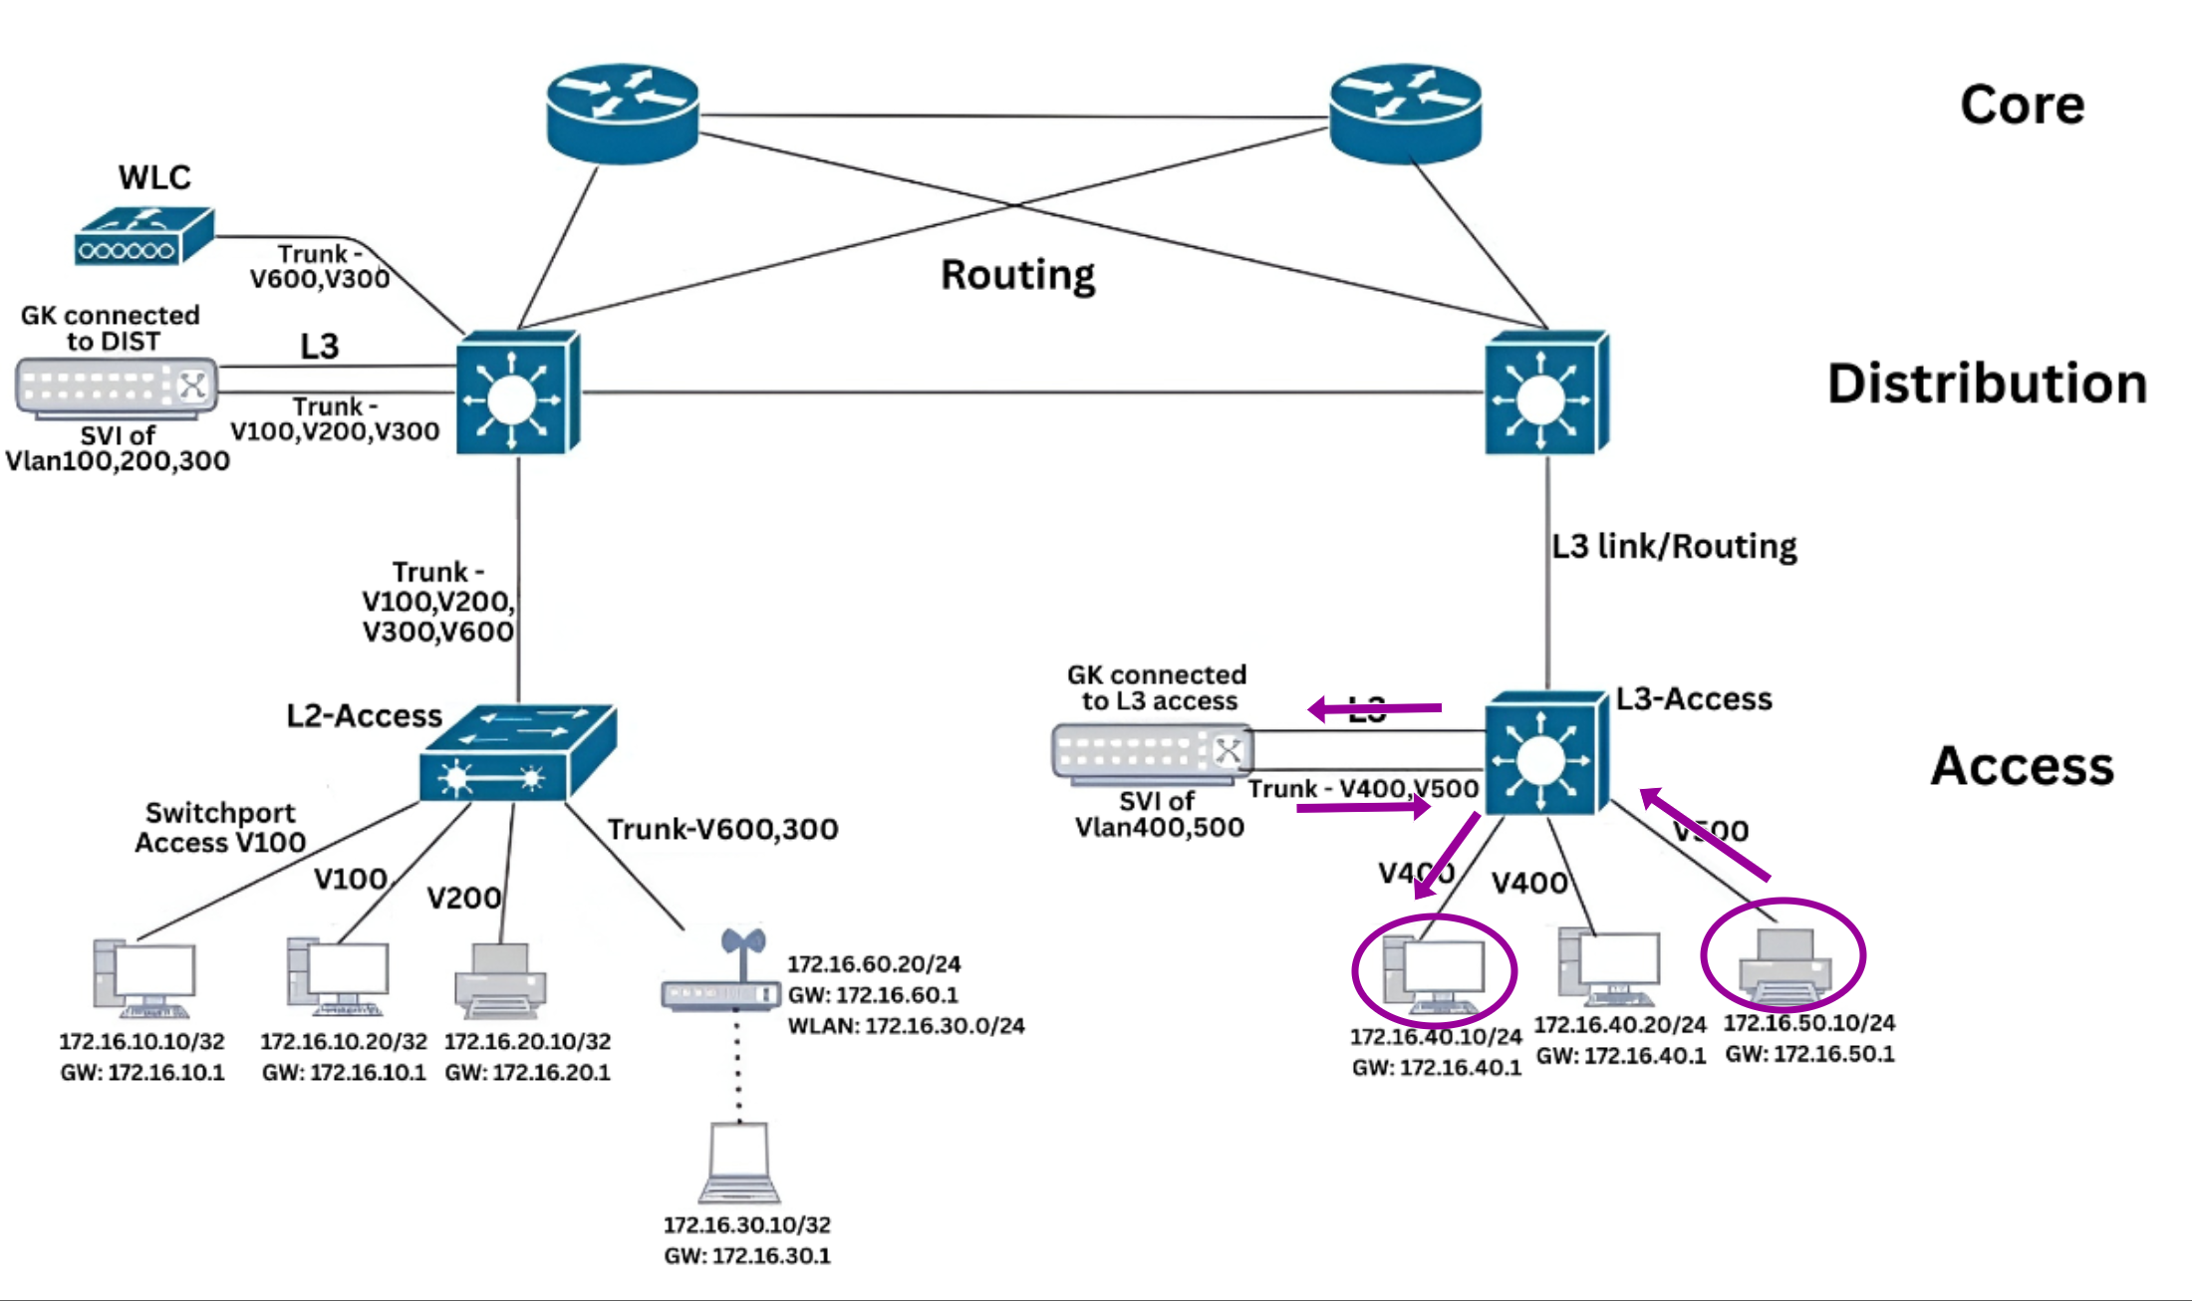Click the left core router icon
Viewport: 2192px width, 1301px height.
pos(623,114)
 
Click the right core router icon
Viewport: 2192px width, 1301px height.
pos(1406,114)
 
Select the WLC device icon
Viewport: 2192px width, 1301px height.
pos(143,236)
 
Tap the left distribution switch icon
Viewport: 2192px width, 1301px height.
pos(518,393)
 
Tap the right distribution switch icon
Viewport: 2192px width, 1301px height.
pos(1546,393)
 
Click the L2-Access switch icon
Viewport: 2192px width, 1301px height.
pos(518,753)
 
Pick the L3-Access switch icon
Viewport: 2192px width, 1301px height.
pos(1546,754)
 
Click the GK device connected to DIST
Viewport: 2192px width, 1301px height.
pos(117,388)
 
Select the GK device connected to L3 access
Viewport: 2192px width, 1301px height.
pos(1152,752)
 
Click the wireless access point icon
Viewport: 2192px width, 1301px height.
pos(721,981)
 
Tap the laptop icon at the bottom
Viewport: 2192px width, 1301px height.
pos(739,1164)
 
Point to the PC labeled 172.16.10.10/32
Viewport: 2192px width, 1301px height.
pos(144,978)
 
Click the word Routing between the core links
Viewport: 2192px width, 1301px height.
pos(1017,275)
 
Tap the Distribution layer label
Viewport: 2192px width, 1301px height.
pos(1987,384)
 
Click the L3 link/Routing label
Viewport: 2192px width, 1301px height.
pos(1674,546)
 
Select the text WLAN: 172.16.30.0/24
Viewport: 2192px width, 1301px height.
pos(906,1025)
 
